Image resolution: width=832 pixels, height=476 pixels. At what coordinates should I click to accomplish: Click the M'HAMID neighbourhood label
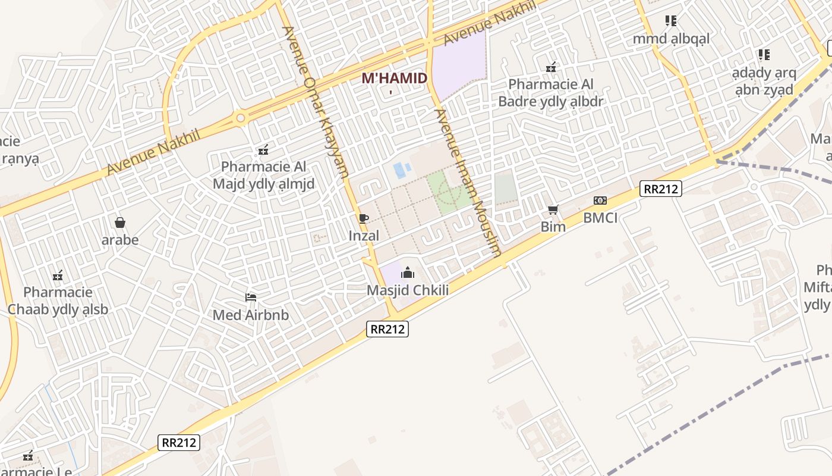394,78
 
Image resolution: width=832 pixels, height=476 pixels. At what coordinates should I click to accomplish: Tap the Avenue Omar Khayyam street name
314,102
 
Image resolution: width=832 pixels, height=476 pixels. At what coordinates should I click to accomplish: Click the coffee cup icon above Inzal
364,218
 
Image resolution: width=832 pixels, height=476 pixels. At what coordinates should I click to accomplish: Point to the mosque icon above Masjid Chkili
408,273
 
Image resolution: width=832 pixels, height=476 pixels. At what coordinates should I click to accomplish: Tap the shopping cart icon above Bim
553,209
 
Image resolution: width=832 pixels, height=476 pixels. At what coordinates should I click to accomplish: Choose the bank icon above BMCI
600,201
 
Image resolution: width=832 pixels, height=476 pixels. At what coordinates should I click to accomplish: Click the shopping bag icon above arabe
120,223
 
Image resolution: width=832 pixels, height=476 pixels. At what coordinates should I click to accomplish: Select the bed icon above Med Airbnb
251,297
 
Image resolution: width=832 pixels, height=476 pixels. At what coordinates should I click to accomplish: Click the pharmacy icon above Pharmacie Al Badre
551,67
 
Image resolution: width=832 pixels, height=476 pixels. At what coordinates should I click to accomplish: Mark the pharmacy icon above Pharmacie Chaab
58,275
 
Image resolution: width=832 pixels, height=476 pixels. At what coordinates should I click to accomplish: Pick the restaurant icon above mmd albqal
671,21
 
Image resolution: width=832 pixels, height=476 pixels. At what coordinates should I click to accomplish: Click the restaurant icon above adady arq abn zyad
764,55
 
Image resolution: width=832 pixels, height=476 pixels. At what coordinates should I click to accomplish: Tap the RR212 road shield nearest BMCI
660,189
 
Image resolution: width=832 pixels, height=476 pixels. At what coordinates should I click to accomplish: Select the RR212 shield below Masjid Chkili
387,328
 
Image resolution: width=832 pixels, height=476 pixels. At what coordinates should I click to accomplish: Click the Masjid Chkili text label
408,290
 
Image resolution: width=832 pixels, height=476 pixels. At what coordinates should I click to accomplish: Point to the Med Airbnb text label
251,315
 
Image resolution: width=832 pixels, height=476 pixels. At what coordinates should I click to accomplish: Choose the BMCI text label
600,218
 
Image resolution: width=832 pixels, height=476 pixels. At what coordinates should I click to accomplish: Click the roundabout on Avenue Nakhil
241,118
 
